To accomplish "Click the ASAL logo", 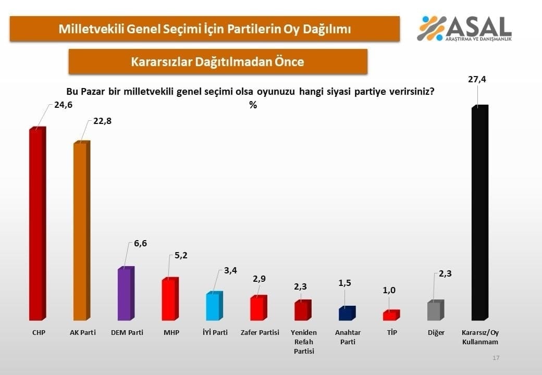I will (x=464, y=28).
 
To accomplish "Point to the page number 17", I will (x=496, y=358).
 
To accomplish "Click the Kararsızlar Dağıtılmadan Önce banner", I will (x=218, y=62).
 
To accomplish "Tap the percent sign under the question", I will (x=253, y=105).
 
